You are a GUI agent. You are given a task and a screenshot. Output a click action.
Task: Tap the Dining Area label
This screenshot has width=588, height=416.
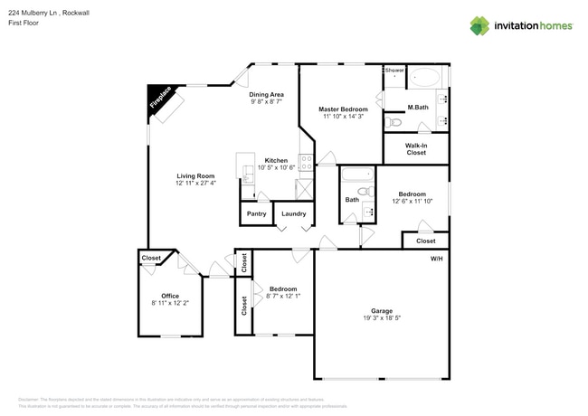pos(267,94)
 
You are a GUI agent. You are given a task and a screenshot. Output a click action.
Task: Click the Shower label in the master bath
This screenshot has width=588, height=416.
pos(394,70)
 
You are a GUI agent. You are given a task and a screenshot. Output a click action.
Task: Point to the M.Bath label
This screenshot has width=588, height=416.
pos(417,109)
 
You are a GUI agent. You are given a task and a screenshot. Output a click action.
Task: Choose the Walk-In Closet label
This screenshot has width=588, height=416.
pos(416,149)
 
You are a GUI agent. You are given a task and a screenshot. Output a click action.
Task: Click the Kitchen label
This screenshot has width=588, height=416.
pos(276,160)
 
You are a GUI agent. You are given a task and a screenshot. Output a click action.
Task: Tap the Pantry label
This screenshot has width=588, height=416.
pos(256,214)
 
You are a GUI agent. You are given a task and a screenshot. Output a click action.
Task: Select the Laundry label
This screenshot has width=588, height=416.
pos(293,214)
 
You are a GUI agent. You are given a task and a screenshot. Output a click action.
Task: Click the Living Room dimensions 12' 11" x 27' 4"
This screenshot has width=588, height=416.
pos(195,183)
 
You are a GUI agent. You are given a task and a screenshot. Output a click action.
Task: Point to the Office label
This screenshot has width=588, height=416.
pos(170,296)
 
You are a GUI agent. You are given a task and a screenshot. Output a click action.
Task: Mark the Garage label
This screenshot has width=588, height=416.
pos(381,310)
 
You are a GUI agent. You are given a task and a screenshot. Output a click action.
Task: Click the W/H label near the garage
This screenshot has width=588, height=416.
pos(436,259)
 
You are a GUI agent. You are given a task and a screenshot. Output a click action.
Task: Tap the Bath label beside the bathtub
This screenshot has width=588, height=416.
pos(352,200)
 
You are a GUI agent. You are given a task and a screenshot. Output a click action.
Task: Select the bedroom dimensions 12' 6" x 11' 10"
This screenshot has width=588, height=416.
pos(412,201)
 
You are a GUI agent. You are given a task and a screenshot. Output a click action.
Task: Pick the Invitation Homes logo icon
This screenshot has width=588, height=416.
pos(479,25)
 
